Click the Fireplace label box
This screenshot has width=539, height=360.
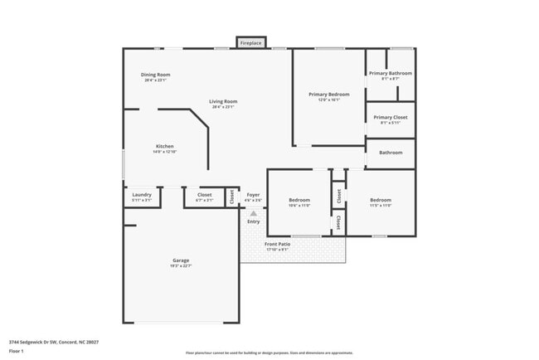pos(250,42)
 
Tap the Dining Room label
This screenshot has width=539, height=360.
pos(156,75)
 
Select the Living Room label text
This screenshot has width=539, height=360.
pos(223,101)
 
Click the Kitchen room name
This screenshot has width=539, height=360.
pos(164,146)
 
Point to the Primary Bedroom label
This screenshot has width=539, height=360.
pos(328,95)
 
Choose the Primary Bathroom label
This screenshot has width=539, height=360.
pos(390,73)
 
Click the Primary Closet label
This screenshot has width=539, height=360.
pos(390,117)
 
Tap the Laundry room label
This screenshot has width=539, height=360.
pos(142,195)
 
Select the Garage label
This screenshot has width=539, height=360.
pos(181,260)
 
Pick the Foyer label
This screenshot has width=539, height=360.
pos(253,195)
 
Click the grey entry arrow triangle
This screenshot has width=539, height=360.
pos(254,213)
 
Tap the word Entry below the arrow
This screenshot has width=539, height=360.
pos(254,221)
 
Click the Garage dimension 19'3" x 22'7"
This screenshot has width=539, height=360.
pos(181,266)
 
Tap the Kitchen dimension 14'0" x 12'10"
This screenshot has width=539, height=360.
pos(164,152)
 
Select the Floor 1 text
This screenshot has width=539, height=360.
pos(17,351)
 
